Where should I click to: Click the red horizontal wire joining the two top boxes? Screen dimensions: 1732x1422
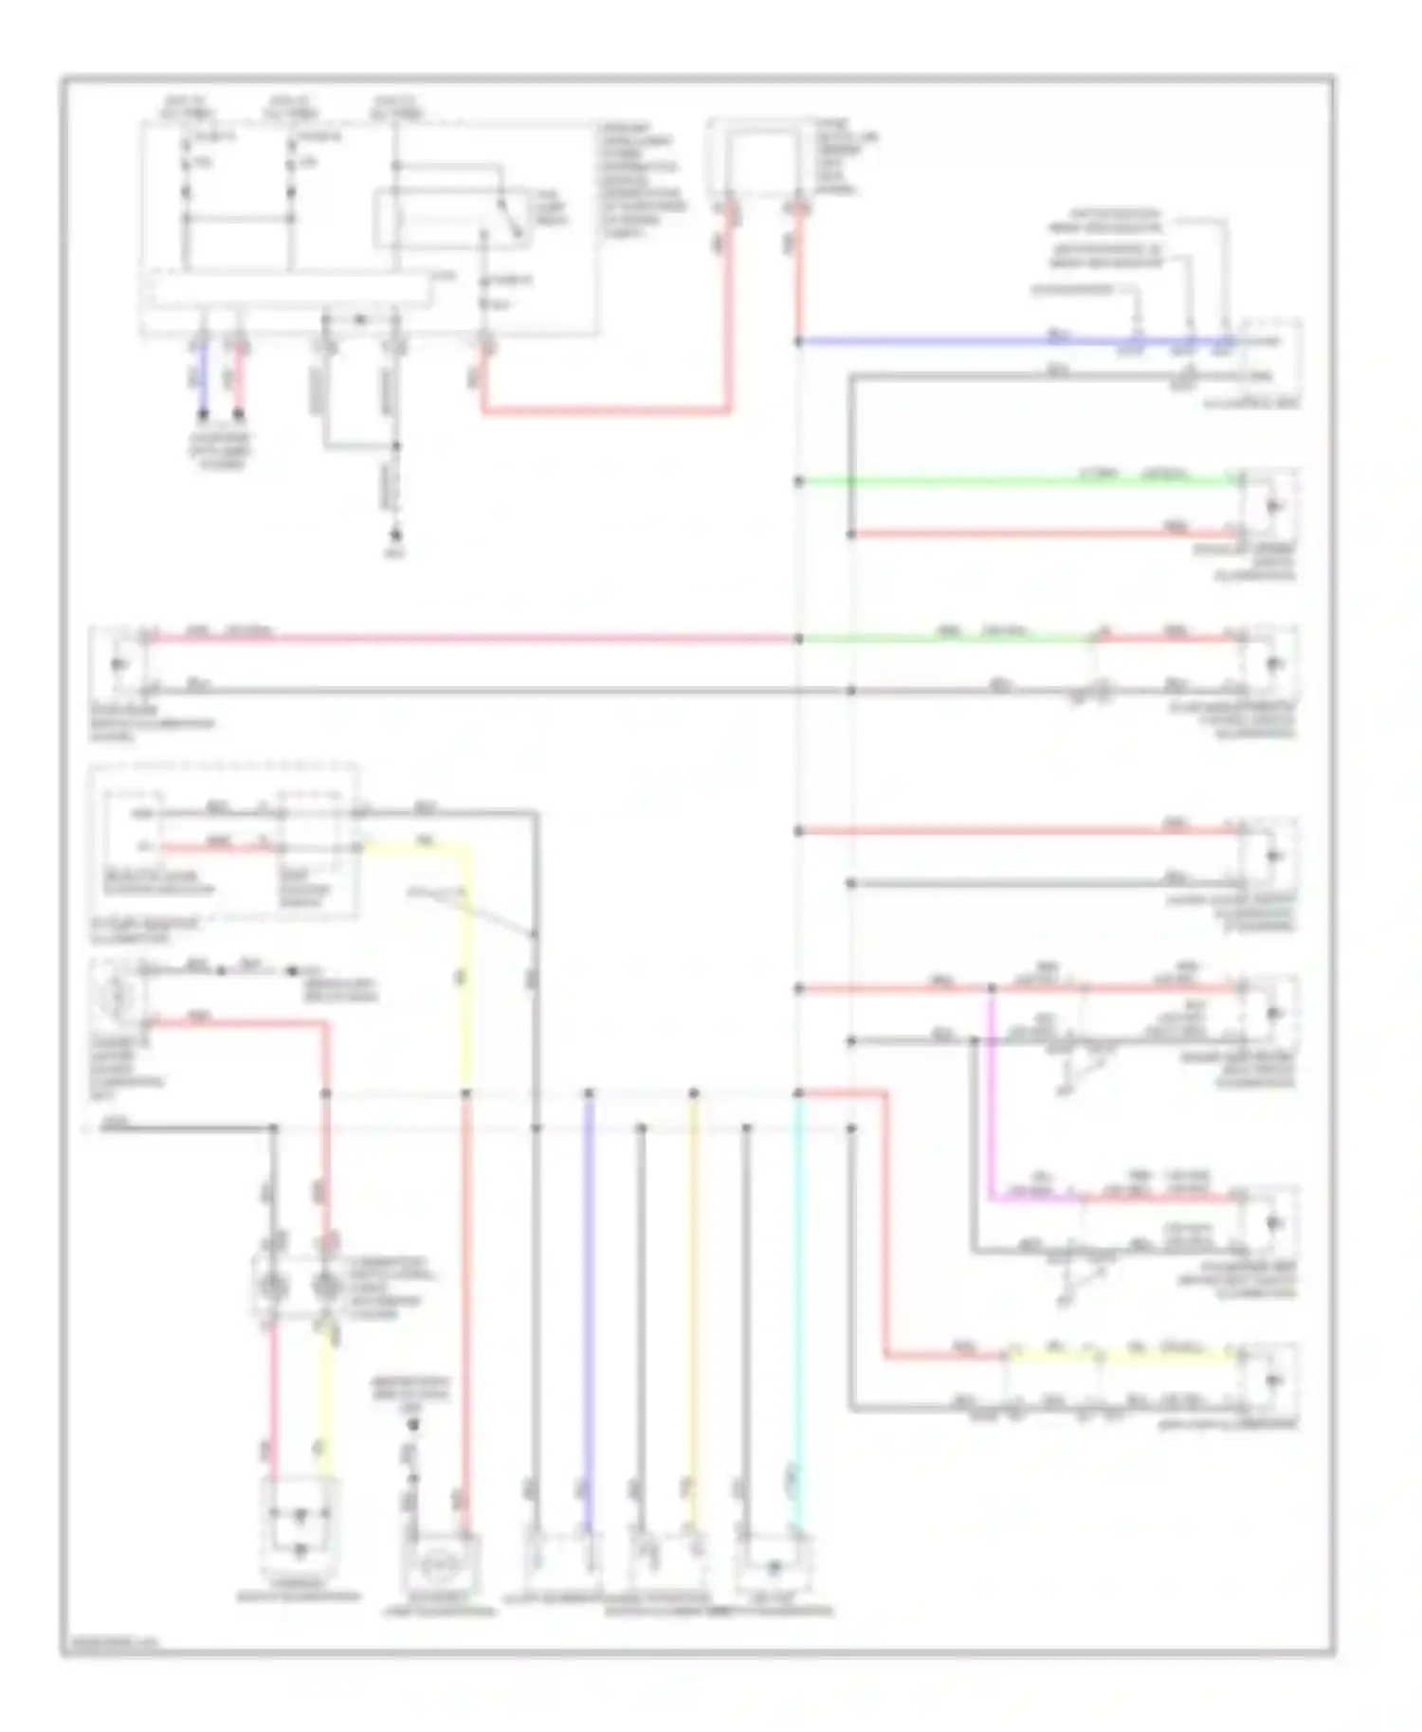tap(607, 411)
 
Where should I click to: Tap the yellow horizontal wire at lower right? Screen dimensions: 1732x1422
tap(1119, 1356)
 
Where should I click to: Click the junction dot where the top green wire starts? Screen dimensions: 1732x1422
tap(799, 481)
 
